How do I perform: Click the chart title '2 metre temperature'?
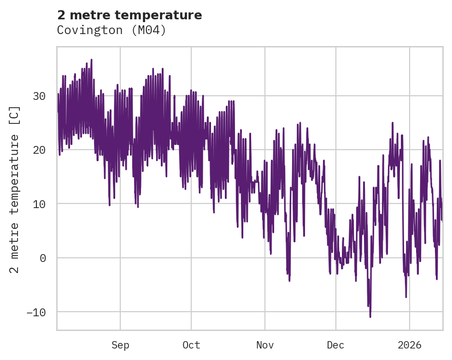tap(129, 15)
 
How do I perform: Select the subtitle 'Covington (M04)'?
tap(111, 30)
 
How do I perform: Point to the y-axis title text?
tap(15, 189)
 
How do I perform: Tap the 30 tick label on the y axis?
tap(39, 96)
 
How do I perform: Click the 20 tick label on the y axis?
tap(39, 150)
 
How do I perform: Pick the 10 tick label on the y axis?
tap(39, 204)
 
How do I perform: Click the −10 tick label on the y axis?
tap(36, 312)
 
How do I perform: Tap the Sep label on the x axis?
tap(120, 345)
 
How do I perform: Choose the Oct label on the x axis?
tap(191, 345)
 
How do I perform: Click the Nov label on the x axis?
tap(265, 345)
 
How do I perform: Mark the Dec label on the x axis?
tap(336, 345)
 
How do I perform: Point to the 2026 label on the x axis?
tap(410, 345)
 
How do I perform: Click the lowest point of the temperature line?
tap(370, 317)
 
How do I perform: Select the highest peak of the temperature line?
tap(91, 59)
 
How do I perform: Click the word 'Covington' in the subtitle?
tap(88, 30)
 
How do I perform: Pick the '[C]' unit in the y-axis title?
tap(15, 116)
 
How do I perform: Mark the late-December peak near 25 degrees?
tap(393, 123)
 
